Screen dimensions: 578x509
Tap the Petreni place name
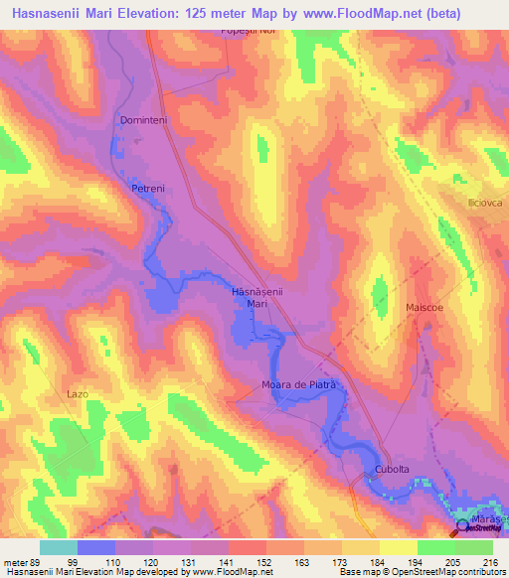146,187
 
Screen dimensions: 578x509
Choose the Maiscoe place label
424,309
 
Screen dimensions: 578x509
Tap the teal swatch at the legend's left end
59,547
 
